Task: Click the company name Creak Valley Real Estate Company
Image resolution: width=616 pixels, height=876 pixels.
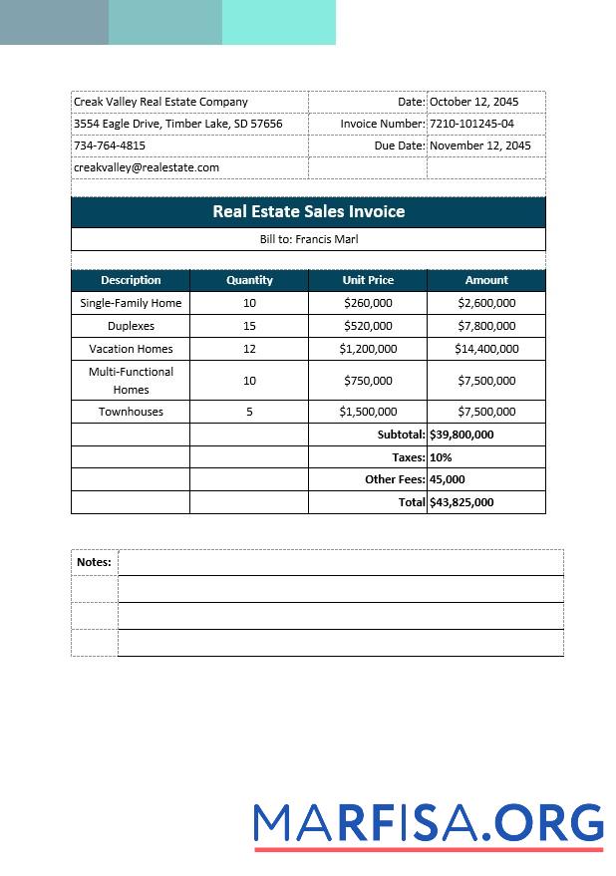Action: coord(160,102)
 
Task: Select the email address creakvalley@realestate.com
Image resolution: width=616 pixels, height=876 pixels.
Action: coord(147,167)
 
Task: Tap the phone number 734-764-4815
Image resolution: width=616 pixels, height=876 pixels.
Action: coord(110,146)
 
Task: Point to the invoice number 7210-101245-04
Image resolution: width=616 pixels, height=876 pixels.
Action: coord(471,124)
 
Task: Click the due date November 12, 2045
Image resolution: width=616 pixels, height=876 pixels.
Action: coord(479,146)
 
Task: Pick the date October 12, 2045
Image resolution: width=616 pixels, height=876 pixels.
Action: coord(473,102)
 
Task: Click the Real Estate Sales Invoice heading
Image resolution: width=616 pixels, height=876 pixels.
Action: coord(308,211)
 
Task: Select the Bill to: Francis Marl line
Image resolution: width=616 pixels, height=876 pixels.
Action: coord(308,239)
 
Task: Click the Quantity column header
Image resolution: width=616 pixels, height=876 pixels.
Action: coord(249,280)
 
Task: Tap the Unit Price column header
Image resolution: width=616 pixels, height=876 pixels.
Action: coord(368,280)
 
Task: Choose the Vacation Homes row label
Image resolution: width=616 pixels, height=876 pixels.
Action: coord(131,349)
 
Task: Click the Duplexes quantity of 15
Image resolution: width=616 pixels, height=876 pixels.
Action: coord(249,326)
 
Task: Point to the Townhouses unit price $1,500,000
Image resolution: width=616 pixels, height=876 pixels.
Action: coord(368,412)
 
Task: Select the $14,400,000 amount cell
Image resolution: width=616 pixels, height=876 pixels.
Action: coord(486,349)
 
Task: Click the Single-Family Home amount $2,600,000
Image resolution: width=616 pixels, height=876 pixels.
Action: coord(486,303)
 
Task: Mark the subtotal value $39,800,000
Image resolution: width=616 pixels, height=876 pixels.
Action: coord(462,435)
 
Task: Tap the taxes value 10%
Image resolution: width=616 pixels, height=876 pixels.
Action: coord(441,457)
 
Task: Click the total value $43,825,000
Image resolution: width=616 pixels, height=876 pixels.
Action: coord(462,502)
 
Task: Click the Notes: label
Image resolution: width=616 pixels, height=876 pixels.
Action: coord(94,562)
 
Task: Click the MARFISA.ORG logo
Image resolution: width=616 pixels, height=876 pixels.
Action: coord(429,825)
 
